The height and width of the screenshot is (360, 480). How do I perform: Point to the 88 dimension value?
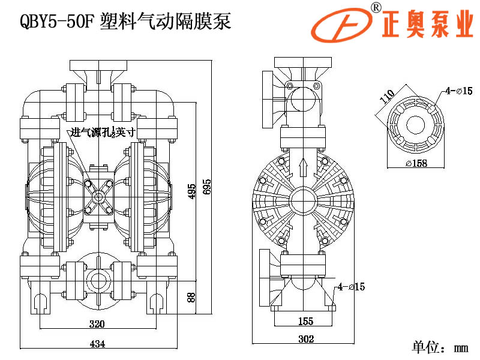coord(192,297)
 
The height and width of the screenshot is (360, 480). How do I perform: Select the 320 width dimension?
coord(97,324)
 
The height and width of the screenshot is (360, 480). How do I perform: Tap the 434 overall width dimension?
coord(97,344)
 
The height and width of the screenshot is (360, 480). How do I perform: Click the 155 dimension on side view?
coord(306,320)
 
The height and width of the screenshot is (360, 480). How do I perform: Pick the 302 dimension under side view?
coord(306,340)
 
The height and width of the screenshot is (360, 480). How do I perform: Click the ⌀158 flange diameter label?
coord(416,163)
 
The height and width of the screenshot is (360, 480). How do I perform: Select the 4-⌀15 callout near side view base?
coord(351,287)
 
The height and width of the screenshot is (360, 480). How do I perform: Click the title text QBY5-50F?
coord(56,22)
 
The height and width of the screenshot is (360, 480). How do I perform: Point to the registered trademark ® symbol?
coord(376,7)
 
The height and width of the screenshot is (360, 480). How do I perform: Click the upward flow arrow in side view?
coord(304,166)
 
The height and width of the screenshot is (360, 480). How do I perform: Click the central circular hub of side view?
coord(304,200)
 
